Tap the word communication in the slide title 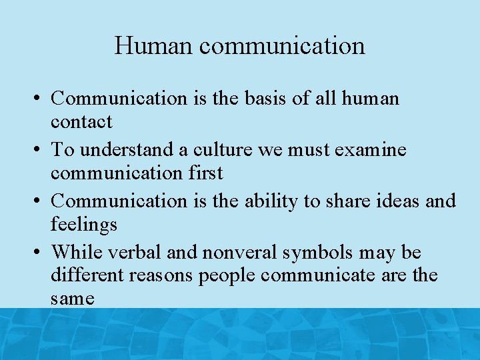[282, 46]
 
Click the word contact [81, 122]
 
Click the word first [205, 173]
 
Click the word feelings [84, 225]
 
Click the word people [225, 275]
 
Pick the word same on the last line [72, 299]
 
